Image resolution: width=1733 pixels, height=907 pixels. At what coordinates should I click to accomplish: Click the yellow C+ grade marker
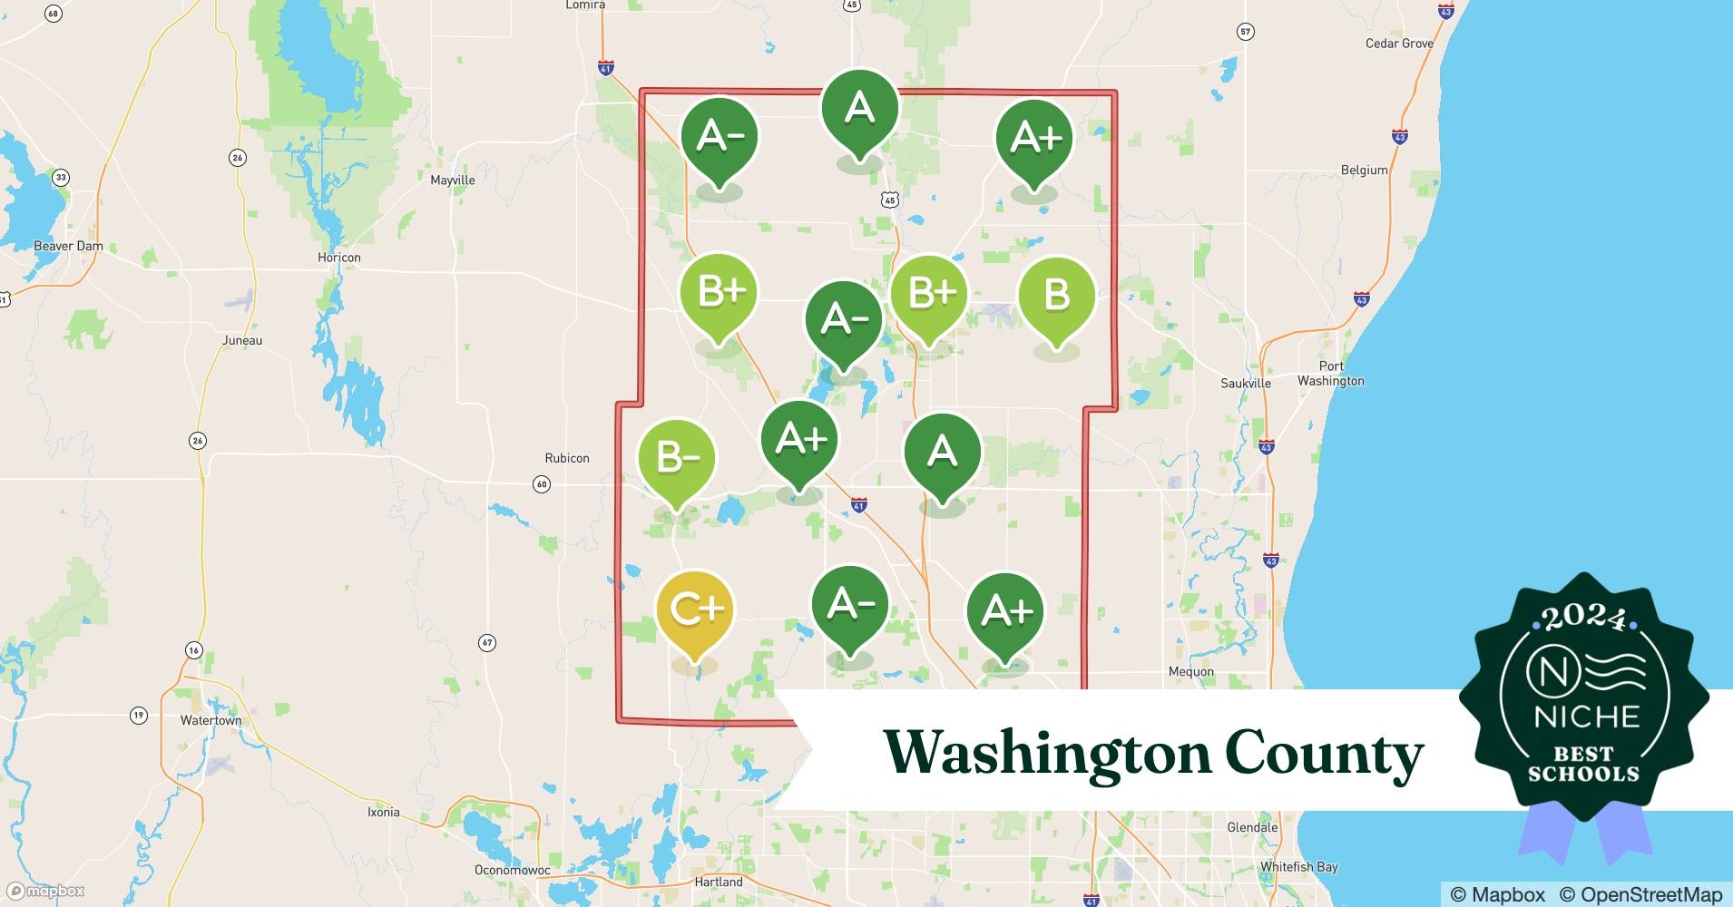tap(694, 610)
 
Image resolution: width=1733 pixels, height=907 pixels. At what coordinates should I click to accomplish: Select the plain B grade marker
tap(1056, 296)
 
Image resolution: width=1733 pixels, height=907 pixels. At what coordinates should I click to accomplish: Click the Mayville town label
tap(452, 180)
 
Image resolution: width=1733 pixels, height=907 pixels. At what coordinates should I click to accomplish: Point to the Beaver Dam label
tap(68, 246)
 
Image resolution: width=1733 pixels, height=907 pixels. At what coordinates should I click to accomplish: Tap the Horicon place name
tap(338, 258)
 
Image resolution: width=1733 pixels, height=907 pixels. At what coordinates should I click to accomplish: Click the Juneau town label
tap(242, 340)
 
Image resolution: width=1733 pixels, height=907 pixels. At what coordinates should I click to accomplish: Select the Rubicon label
tap(566, 458)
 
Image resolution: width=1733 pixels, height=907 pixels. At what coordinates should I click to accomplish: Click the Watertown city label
tap(211, 720)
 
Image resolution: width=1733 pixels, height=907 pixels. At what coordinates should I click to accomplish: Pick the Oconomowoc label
tap(512, 870)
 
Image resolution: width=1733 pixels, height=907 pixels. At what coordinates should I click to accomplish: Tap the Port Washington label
tap(1330, 374)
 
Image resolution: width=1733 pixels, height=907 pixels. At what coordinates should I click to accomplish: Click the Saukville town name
tap(1245, 384)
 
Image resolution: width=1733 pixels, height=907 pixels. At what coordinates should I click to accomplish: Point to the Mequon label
tap(1190, 672)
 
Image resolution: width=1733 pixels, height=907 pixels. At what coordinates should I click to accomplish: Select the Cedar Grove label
tap(1399, 44)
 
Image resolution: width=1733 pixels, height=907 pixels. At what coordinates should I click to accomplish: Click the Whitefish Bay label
tap(1297, 867)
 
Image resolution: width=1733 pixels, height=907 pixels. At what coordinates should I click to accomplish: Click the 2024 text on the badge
tap(1583, 619)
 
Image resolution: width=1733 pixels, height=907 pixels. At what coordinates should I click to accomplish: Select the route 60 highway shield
tap(542, 484)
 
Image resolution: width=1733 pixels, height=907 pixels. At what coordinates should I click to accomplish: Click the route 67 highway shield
tap(487, 643)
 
